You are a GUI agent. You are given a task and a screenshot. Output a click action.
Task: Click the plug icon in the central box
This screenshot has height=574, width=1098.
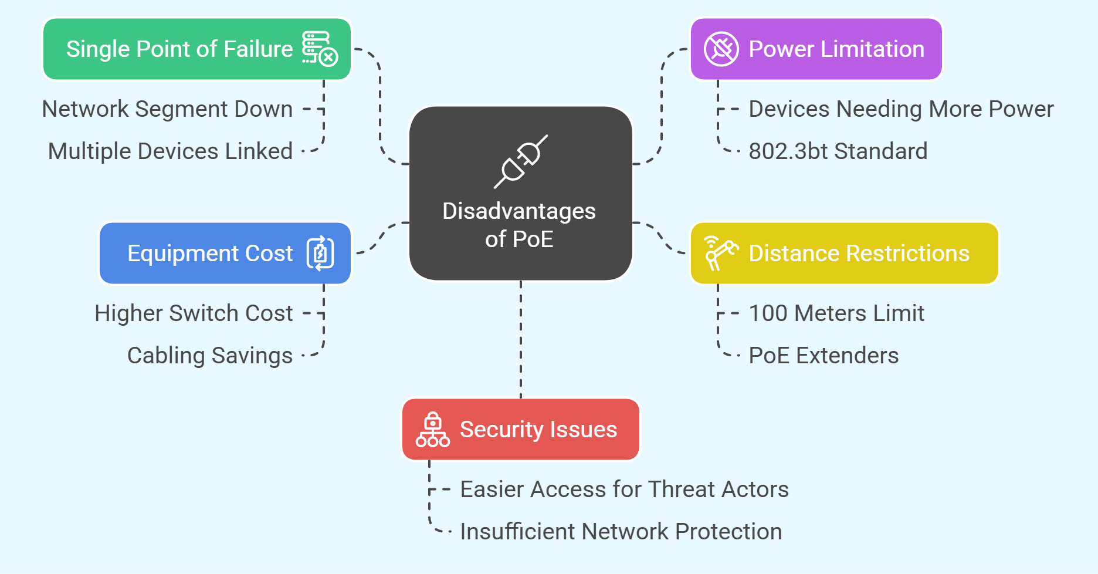(521, 161)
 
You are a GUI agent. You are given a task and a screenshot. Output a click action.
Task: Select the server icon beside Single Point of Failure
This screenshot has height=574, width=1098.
(319, 48)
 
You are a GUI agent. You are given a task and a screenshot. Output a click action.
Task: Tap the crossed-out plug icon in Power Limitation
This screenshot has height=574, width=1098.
(721, 49)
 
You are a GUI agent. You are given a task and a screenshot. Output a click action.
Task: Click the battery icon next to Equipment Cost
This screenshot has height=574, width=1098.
(320, 253)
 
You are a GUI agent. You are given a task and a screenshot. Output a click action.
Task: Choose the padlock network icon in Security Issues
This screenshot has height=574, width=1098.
(433, 430)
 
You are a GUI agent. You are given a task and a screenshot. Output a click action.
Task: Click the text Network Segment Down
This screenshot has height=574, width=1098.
(167, 109)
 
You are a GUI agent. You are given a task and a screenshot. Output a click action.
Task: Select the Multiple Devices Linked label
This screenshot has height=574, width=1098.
(170, 151)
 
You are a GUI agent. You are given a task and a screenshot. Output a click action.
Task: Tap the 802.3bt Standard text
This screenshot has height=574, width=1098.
(838, 151)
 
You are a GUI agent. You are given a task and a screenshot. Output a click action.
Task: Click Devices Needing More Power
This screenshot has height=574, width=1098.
(901, 109)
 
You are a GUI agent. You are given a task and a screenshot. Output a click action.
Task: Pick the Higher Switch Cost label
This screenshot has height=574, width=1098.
(194, 313)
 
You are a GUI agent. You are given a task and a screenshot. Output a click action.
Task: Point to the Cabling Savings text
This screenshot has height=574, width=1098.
(210, 356)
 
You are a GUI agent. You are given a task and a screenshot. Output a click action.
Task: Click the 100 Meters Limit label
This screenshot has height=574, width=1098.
(836, 313)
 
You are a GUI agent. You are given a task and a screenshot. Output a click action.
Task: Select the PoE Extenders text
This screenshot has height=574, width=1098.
(823, 356)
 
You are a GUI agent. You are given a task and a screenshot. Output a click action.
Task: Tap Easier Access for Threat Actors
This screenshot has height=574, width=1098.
(624, 489)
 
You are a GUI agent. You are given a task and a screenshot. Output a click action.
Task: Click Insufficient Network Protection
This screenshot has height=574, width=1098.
(621, 532)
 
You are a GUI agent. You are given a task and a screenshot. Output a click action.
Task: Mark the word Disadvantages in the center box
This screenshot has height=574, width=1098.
(519, 211)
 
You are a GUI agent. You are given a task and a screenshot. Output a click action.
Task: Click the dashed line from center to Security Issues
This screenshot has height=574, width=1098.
(521, 340)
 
